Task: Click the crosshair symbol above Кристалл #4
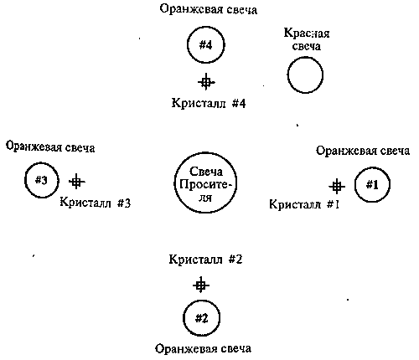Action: pyautogui.click(x=206, y=82)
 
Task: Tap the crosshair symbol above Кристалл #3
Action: pyautogui.click(x=76, y=182)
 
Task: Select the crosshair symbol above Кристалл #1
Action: pyautogui.click(x=337, y=186)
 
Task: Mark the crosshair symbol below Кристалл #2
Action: pyautogui.click(x=201, y=285)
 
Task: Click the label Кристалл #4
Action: pyautogui.click(x=209, y=103)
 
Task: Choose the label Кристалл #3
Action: pyautogui.click(x=96, y=203)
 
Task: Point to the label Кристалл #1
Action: pyautogui.click(x=304, y=204)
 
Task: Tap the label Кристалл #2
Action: pyautogui.click(x=205, y=260)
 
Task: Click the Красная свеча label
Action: pyautogui.click(x=307, y=39)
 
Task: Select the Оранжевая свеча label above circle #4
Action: pyautogui.click(x=209, y=9)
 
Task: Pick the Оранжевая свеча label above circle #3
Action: pyautogui.click(x=50, y=147)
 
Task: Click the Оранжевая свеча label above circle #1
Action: pyautogui.click(x=363, y=151)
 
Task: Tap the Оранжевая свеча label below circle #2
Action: pyautogui.click(x=203, y=349)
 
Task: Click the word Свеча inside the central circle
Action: pyautogui.click(x=206, y=172)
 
